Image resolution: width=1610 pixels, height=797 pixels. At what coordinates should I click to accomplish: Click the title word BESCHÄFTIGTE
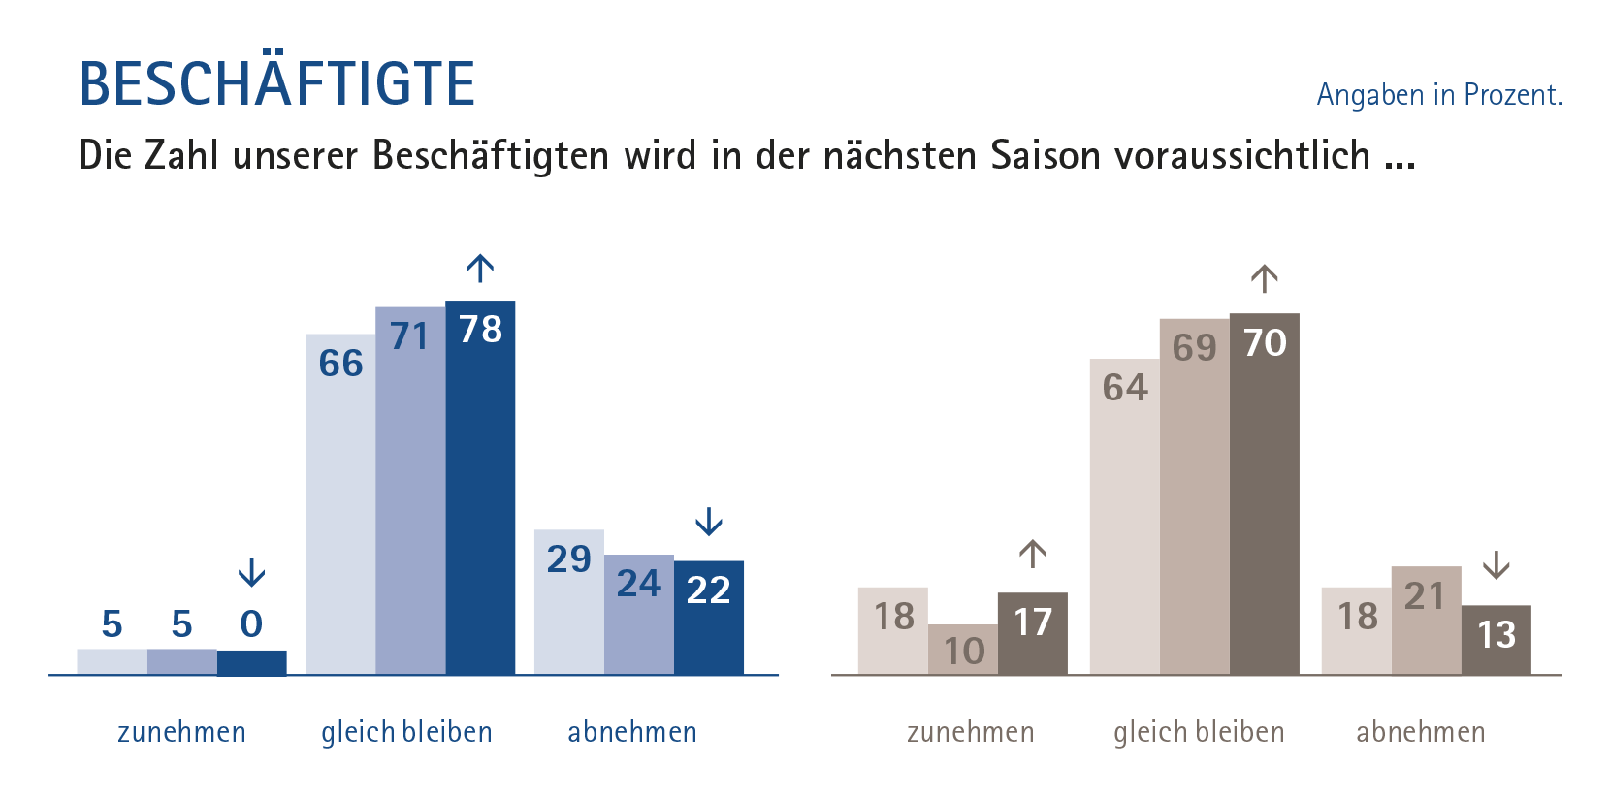tap(276, 83)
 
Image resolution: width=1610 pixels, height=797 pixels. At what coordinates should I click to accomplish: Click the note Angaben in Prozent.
tap(1438, 95)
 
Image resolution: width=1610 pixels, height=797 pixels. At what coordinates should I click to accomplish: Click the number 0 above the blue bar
tap(251, 624)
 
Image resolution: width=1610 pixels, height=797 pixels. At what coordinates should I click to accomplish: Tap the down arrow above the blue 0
tap(251, 572)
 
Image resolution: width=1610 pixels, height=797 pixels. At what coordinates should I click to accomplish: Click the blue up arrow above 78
tap(480, 268)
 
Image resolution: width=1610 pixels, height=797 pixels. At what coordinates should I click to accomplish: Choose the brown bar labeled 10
tap(963, 651)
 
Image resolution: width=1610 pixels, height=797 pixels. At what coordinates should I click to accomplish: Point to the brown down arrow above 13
tap(1497, 564)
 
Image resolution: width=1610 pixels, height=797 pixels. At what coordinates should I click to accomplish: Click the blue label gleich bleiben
tap(406, 732)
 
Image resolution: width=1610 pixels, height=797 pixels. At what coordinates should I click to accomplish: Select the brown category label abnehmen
tap(1420, 732)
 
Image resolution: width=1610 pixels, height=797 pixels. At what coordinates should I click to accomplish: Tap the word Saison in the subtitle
tap(1045, 155)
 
